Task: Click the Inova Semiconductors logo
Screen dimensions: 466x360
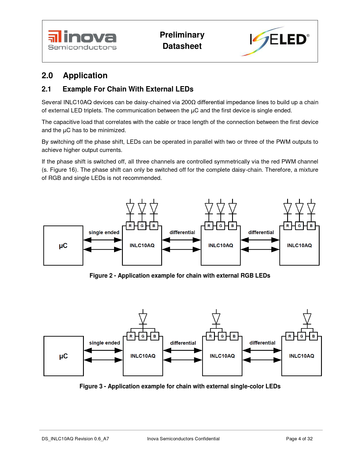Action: tap(82, 40)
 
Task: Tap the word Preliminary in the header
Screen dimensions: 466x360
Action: tap(182, 35)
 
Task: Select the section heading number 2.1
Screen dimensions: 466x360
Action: tap(46, 89)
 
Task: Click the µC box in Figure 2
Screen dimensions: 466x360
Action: tap(63, 245)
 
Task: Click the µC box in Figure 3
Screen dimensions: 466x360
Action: tap(64, 356)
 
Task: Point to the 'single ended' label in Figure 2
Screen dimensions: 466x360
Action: tap(104, 232)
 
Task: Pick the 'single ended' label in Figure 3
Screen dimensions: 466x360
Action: tap(104, 343)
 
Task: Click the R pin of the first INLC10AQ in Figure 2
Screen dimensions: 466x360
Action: tap(130, 226)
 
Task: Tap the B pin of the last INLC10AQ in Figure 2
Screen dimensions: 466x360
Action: tap(311, 226)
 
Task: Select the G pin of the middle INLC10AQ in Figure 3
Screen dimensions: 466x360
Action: tap(222, 336)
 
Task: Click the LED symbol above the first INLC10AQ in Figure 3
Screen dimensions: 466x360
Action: tap(143, 318)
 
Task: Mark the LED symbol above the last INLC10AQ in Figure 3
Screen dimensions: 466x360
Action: tap(307, 318)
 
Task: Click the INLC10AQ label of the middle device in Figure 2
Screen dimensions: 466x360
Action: tap(221, 245)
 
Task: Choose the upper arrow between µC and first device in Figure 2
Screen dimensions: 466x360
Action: tap(103, 240)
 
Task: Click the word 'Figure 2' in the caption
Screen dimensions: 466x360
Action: tap(101, 276)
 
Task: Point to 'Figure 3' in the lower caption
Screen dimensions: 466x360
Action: tap(91, 386)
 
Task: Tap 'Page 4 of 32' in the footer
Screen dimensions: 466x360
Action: tap(299, 439)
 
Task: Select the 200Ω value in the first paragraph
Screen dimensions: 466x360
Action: tap(189, 102)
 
